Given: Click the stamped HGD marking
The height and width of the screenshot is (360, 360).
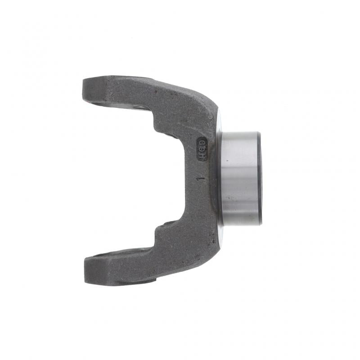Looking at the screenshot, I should point(202,148).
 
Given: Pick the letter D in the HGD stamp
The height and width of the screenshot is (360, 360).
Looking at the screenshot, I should point(202,142).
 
